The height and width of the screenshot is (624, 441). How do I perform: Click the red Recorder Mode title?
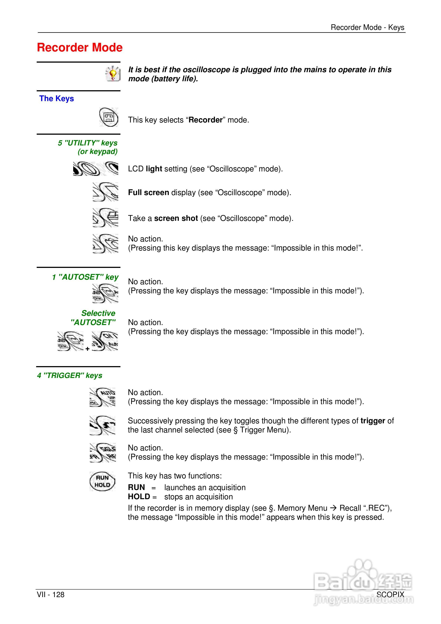[80, 48]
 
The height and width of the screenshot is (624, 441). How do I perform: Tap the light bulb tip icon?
[113, 73]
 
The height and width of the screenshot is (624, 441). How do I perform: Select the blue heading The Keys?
[57, 98]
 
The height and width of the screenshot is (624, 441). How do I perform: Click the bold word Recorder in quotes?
[205, 120]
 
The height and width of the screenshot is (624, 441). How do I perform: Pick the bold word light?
[154, 169]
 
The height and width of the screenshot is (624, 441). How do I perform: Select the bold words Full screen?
[148, 192]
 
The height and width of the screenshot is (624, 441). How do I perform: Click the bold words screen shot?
[176, 218]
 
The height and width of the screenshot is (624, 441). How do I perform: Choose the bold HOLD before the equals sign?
[139, 497]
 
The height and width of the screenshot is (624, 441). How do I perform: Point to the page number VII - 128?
[51, 595]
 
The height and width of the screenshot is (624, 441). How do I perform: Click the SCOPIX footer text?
[390, 595]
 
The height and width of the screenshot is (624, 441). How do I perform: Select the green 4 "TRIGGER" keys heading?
[70, 375]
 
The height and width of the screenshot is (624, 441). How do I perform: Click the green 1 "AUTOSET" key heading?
[85, 277]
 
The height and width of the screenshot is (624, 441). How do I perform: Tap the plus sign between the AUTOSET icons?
[87, 349]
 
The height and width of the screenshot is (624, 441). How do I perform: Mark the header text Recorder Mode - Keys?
[367, 27]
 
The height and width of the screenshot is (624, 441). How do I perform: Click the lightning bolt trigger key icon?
[102, 425]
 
